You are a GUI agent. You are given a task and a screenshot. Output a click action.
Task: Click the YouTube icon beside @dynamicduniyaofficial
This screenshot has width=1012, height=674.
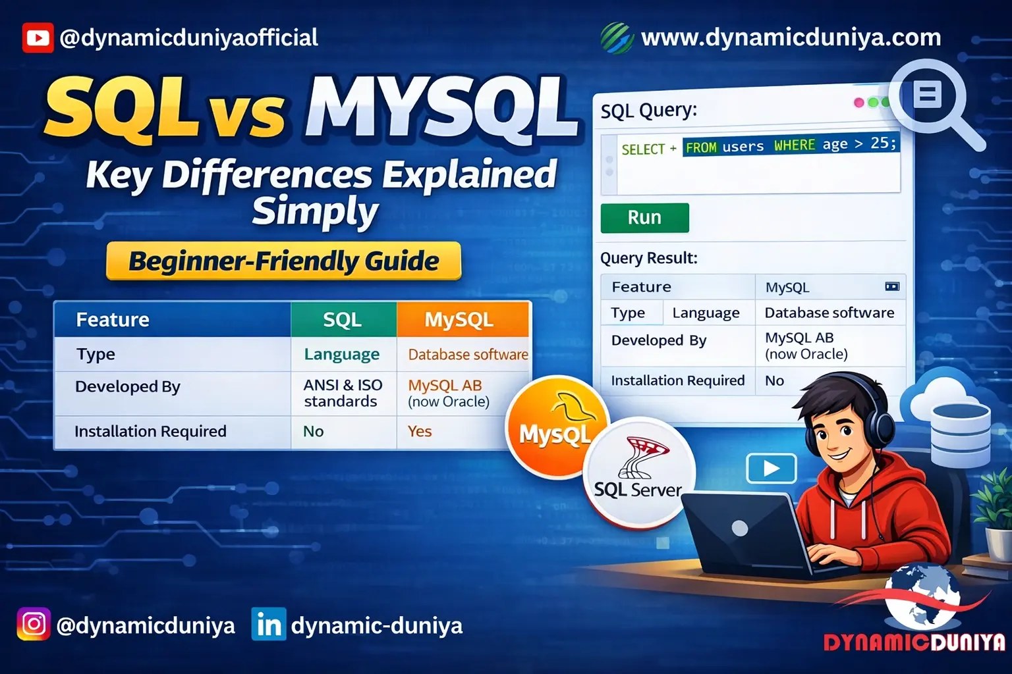38,38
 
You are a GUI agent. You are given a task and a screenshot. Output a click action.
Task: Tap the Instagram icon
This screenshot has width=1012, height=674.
34,624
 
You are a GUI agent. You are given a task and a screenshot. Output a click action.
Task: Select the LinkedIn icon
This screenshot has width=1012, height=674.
269,624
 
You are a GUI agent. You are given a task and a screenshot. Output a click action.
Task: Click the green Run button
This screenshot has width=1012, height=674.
644,218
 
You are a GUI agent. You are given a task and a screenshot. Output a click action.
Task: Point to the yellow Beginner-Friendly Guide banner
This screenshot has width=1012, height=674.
283,261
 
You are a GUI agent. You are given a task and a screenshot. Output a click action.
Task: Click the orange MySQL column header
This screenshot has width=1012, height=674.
463,320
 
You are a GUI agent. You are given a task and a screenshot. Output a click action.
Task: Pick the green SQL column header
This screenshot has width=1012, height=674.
343,320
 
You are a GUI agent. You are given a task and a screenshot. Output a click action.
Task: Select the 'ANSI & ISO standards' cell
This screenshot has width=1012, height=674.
343,394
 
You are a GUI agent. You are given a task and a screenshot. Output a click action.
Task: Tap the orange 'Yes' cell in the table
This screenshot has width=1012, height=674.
420,432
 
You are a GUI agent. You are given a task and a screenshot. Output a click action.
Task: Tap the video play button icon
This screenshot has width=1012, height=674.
771,469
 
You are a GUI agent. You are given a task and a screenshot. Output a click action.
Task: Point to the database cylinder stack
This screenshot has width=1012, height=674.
961,434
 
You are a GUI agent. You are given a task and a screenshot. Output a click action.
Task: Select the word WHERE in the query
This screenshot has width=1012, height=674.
794,145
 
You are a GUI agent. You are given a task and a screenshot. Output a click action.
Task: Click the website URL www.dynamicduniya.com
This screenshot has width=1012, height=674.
791,38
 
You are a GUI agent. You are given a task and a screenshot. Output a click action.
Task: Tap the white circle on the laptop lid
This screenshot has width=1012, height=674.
740,528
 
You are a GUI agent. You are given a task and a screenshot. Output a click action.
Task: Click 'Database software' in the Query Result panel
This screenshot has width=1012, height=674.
829,313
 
